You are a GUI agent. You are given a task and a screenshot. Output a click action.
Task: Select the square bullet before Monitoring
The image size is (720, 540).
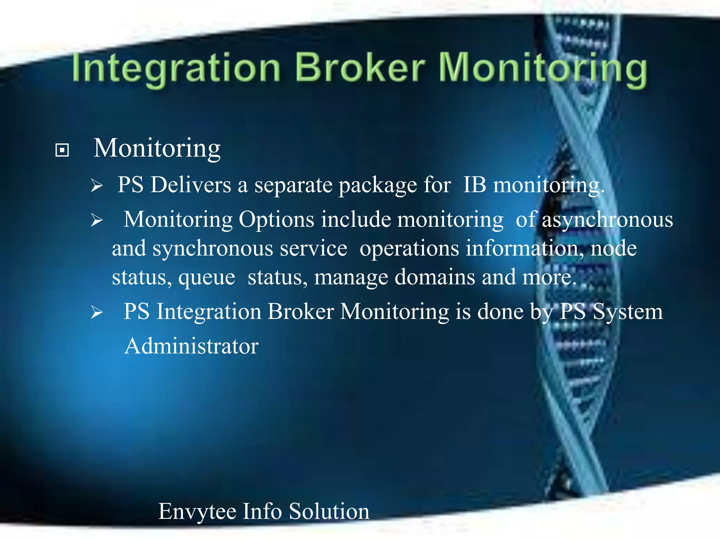62,150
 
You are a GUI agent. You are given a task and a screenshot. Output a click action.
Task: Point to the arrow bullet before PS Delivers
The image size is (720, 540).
97,185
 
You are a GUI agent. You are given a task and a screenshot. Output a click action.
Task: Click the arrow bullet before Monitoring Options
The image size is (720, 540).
97,220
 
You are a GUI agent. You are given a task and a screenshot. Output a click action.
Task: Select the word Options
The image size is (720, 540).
276,220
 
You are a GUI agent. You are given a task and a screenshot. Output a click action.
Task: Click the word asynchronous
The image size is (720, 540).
607,220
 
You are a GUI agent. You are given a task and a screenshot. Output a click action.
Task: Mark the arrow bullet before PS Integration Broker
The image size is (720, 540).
97,312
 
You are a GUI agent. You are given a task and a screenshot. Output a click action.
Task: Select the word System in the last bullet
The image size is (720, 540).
628,312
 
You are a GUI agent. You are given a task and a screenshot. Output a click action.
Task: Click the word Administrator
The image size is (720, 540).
192,346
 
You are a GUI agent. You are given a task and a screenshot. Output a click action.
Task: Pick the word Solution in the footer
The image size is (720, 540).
329,511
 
